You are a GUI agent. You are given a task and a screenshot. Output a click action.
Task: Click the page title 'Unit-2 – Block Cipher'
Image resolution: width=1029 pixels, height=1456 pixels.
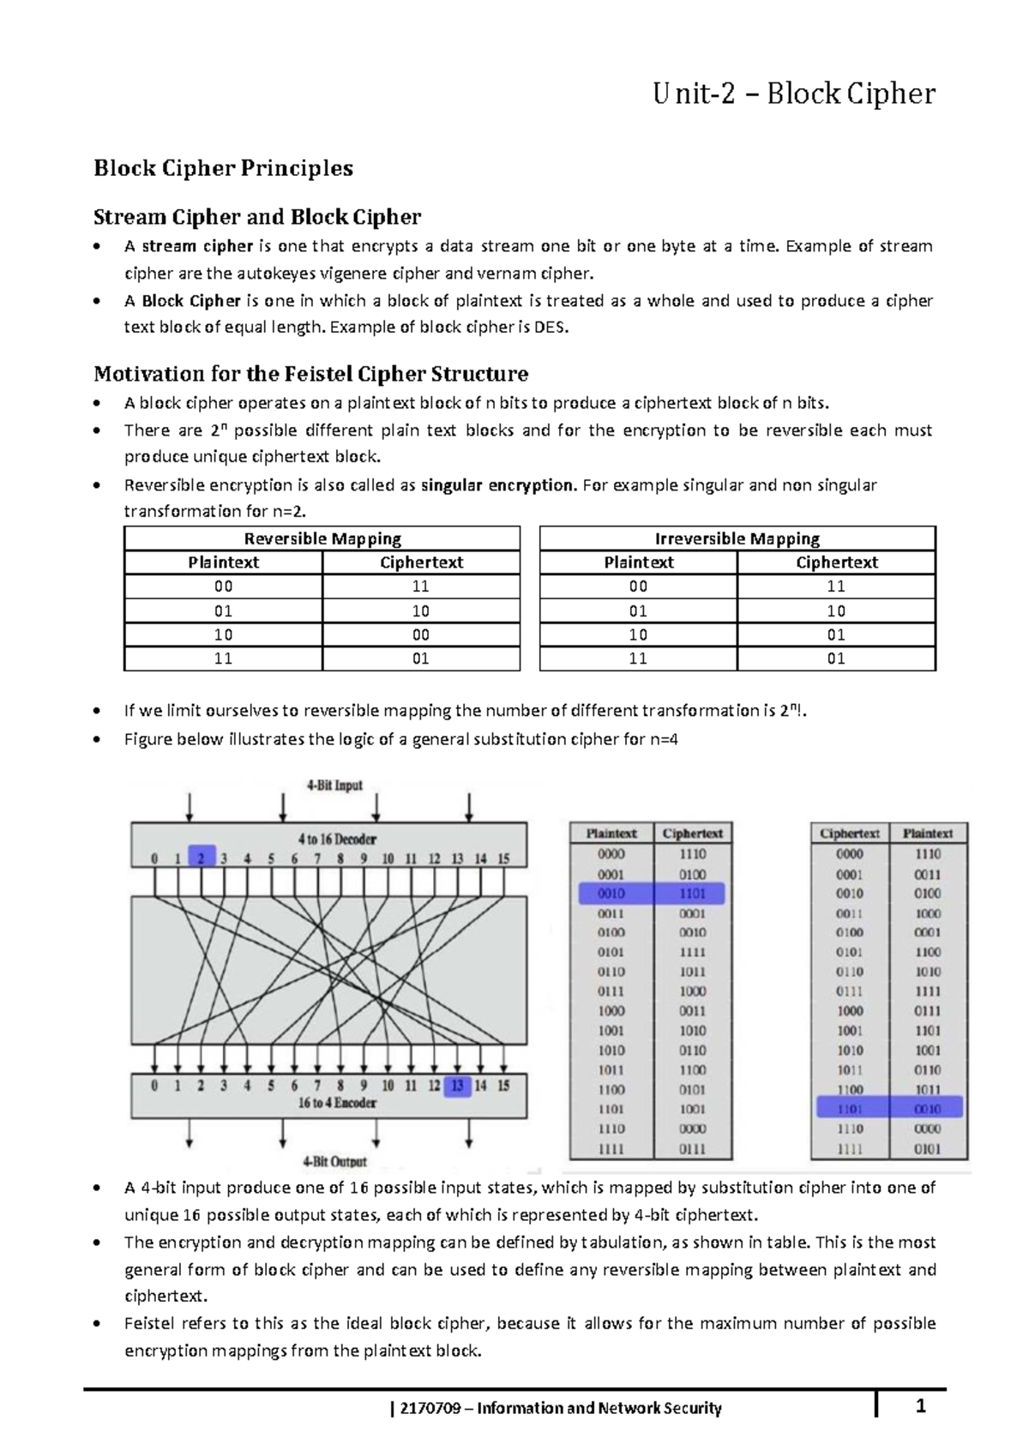793,93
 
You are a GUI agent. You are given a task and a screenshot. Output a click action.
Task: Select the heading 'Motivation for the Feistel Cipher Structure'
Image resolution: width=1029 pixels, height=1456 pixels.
310,374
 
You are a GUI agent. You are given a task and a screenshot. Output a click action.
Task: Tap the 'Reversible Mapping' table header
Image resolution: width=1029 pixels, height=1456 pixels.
322,538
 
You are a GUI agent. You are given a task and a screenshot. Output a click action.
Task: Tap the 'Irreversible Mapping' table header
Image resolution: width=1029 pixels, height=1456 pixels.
737,538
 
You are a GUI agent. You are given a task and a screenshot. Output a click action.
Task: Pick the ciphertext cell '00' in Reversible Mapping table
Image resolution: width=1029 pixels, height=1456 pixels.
421,635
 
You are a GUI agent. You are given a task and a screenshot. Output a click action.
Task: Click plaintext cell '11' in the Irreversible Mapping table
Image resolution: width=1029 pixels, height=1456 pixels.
638,659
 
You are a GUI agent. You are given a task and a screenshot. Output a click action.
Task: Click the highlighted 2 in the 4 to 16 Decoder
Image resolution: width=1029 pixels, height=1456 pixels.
201,857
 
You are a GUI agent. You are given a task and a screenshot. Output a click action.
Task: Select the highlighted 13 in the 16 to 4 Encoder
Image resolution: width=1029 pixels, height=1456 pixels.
457,1086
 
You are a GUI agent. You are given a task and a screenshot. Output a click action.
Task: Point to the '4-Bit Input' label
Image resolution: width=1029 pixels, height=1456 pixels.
334,785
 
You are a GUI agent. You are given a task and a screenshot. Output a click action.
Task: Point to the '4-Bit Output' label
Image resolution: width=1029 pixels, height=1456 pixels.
334,1162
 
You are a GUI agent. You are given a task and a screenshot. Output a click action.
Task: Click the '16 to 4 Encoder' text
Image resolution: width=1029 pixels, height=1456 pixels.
337,1103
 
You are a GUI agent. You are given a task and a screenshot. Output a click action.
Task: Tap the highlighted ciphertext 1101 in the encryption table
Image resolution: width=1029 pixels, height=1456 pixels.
692,893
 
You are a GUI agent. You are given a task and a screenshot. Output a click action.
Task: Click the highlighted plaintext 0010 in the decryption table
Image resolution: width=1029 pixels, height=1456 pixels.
927,1109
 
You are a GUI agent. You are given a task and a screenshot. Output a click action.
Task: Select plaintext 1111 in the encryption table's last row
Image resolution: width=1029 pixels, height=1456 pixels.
611,1149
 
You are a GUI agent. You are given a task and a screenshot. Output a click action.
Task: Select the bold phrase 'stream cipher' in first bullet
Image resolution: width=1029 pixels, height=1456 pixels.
197,246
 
